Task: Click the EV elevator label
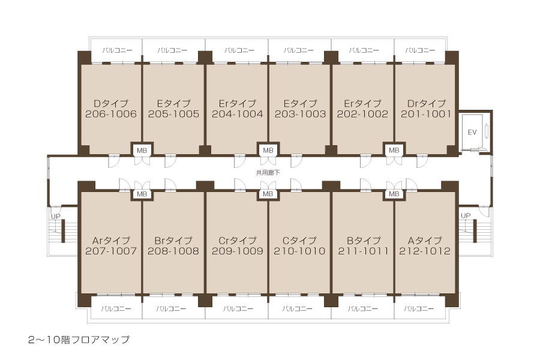tap(472, 132)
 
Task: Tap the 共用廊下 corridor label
tap(268, 172)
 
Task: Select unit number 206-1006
tap(111, 114)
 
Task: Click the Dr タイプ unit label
tap(426, 103)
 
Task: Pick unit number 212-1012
tap(425, 251)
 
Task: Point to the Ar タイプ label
tap(111, 240)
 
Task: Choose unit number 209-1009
tap(237, 251)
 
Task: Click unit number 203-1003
tap(300, 114)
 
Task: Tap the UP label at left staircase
tap(55, 217)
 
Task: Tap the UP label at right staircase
tap(465, 215)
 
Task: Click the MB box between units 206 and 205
tap(142, 150)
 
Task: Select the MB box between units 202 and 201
tap(394, 150)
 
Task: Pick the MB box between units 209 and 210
tap(268, 194)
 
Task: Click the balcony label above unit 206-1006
tap(117, 50)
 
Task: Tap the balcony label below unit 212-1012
tap(419, 308)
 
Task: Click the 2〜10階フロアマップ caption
tap(79, 340)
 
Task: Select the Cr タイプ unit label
tap(237, 240)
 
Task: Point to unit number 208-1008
tap(173, 251)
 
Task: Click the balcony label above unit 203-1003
tap(299, 50)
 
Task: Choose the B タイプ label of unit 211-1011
tap(364, 240)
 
